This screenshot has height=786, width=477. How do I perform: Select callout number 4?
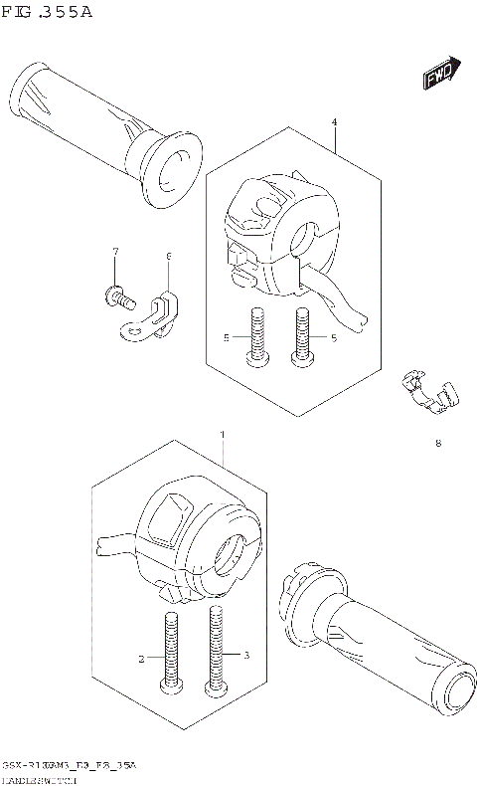pos(334,122)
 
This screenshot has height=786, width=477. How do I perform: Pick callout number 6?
pos(168,257)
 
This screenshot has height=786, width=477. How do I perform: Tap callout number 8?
pos(437,444)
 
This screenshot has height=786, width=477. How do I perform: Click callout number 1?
pos(223,435)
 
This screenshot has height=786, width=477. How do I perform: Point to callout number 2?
pos(142,658)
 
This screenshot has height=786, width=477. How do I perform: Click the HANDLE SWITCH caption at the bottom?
pos(40,778)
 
